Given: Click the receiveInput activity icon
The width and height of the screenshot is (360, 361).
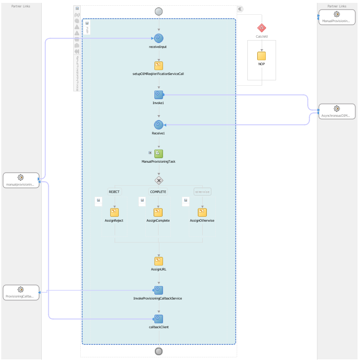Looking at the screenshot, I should click(159, 39).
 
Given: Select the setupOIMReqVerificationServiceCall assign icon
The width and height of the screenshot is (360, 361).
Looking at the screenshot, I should click(159, 66).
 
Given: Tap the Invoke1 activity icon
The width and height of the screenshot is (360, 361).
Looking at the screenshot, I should click(159, 95).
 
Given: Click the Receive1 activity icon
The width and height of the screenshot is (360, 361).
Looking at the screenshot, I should click(159, 125).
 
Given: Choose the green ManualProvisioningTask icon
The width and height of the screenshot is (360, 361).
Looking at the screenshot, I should click(159, 154).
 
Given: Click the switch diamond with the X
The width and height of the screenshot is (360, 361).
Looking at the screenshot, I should click(159, 180).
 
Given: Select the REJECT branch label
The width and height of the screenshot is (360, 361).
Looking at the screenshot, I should click(114, 192).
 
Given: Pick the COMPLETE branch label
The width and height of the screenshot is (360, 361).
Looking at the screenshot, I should click(158, 192).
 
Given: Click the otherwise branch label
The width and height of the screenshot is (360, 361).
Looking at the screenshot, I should click(202, 192).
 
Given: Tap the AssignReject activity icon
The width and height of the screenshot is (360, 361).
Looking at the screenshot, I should click(114, 212).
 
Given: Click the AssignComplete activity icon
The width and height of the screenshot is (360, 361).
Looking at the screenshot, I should click(158, 212).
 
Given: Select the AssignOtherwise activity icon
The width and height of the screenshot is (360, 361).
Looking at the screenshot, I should click(202, 212).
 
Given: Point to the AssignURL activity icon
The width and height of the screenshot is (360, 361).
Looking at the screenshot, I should click(159, 261).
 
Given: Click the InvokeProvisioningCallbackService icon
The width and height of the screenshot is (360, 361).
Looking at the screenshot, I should click(159, 291).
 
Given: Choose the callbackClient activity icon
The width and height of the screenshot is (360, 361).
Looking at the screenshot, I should click(159, 319).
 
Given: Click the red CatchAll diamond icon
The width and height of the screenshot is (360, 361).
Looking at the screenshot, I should click(262, 28).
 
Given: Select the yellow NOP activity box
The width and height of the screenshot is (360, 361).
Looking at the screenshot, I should click(262, 56).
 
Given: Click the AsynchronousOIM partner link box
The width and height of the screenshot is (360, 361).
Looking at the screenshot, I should click(337, 111).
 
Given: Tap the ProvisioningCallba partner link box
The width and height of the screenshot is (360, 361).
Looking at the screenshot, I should click(21, 293).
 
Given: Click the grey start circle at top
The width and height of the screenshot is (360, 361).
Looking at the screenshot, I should click(159, 11).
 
